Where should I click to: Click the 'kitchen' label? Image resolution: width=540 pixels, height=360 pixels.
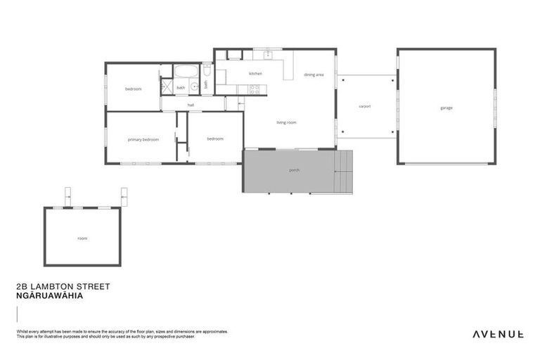click(255, 73)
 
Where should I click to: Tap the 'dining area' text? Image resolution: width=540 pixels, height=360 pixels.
click(314, 74)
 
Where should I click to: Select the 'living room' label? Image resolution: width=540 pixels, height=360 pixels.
click(286, 122)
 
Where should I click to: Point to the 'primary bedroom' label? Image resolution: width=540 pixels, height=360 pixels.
click(143, 139)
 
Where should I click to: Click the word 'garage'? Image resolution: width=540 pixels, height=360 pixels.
click(446, 108)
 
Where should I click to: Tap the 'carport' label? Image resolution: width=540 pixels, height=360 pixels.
click(364, 106)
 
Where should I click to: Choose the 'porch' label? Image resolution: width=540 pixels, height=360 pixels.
click(294, 171)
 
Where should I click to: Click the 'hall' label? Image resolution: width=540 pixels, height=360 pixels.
click(190, 105)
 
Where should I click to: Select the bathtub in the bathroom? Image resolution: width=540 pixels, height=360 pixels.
click(186, 71)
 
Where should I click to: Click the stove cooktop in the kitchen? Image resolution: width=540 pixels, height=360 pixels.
click(252, 89)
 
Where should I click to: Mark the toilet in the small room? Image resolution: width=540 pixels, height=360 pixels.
click(207, 70)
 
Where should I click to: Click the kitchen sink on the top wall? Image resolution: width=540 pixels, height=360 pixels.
click(267, 53)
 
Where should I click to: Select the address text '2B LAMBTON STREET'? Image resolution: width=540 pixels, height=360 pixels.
click(62, 287)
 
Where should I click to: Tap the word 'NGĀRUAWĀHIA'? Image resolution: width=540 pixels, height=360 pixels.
click(49, 296)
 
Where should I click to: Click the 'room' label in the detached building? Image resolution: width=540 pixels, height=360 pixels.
click(82, 238)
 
